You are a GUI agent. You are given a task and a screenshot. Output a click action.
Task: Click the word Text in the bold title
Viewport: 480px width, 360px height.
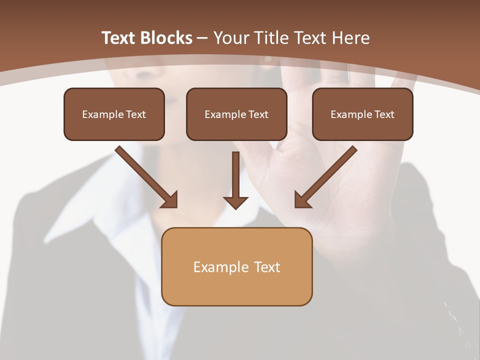[119, 38]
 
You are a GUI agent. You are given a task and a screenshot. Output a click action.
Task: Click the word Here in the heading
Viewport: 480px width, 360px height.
[352, 38]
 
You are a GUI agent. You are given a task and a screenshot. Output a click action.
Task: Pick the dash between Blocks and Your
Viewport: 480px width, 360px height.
[202, 38]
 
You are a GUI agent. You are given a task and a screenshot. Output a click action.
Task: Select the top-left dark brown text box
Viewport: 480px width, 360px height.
[114, 114]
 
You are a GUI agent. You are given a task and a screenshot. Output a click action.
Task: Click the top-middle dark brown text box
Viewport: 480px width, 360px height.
[236, 114]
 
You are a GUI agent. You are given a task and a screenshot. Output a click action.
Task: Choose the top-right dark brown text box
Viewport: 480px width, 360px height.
[362, 114]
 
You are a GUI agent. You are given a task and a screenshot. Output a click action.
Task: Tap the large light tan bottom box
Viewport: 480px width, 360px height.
[236, 266]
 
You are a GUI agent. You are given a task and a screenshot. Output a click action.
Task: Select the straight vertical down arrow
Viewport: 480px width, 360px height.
[236, 180]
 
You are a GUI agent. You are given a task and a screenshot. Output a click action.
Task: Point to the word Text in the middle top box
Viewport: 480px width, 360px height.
[258, 114]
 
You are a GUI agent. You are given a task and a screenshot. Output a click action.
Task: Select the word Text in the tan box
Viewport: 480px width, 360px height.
[267, 267]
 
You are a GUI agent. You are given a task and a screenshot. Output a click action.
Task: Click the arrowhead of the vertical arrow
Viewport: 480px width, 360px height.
[236, 202]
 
